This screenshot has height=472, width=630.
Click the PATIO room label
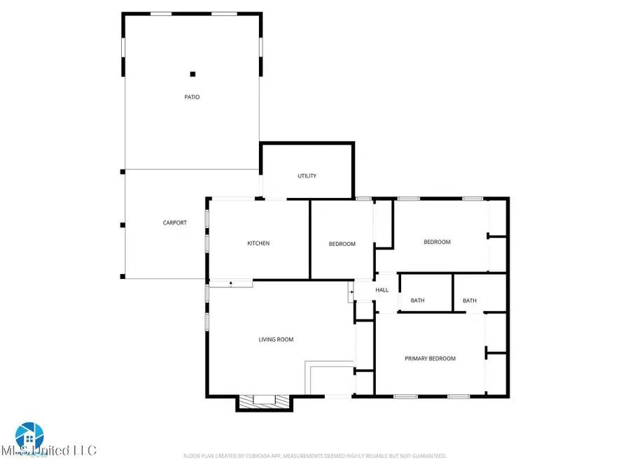click(x=192, y=97)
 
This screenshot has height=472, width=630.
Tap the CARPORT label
click(x=175, y=223)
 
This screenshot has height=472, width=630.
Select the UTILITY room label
click(x=307, y=176)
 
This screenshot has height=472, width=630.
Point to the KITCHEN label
click(x=258, y=243)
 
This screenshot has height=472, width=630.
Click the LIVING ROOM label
click(x=276, y=340)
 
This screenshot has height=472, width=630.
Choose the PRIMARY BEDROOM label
click(x=430, y=359)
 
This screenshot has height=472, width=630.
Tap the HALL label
click(x=381, y=290)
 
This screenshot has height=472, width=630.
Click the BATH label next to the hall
click(x=417, y=301)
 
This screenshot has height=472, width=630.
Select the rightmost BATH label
click(x=470, y=301)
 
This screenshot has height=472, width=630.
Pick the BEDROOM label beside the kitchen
click(x=342, y=244)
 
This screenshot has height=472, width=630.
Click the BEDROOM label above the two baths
click(x=437, y=242)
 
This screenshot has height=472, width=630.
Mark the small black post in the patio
click(x=193, y=74)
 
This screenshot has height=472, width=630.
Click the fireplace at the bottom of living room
click(x=264, y=401)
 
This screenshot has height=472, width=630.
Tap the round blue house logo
click(x=29, y=436)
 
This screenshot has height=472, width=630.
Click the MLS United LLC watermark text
click(x=49, y=451)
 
